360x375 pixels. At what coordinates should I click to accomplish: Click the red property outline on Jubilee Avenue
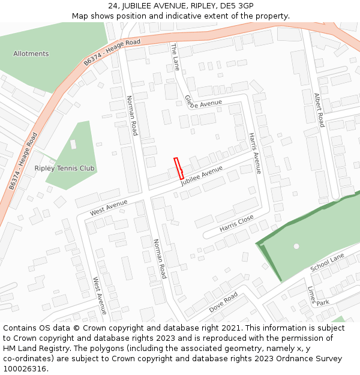(178, 168)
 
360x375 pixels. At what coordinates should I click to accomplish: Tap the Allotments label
(31, 54)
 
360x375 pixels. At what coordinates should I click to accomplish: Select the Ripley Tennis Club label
(65, 169)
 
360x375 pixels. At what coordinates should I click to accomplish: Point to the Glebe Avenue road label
(203, 103)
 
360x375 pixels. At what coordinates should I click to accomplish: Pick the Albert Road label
(319, 110)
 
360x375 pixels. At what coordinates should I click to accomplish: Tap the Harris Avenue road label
(255, 153)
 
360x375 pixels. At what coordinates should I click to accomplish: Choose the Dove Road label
(223, 302)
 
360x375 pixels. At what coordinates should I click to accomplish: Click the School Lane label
(328, 262)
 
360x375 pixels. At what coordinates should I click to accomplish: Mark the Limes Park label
(316, 298)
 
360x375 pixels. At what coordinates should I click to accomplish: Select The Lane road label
(175, 57)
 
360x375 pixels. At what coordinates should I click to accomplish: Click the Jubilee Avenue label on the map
(202, 180)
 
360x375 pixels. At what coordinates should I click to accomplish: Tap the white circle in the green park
(296, 246)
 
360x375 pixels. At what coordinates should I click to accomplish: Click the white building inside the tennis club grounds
(73, 144)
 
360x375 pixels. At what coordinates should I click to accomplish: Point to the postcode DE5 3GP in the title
(237, 6)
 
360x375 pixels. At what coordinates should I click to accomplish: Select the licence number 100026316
(26, 368)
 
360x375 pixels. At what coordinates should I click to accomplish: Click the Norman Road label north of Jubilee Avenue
(131, 115)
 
